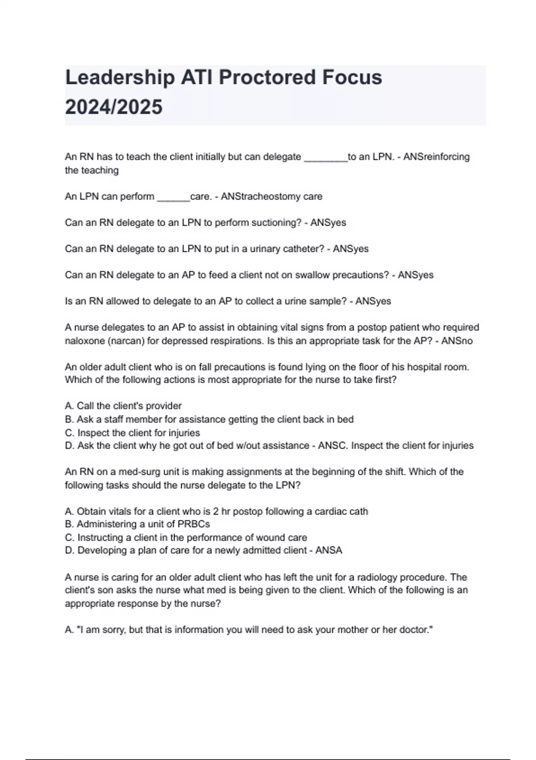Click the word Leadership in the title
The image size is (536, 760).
(x=120, y=78)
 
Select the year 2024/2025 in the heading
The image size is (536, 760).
(x=114, y=107)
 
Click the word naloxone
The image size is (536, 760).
(x=84, y=341)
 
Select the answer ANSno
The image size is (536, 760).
(x=456, y=341)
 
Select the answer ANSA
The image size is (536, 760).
(x=328, y=550)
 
